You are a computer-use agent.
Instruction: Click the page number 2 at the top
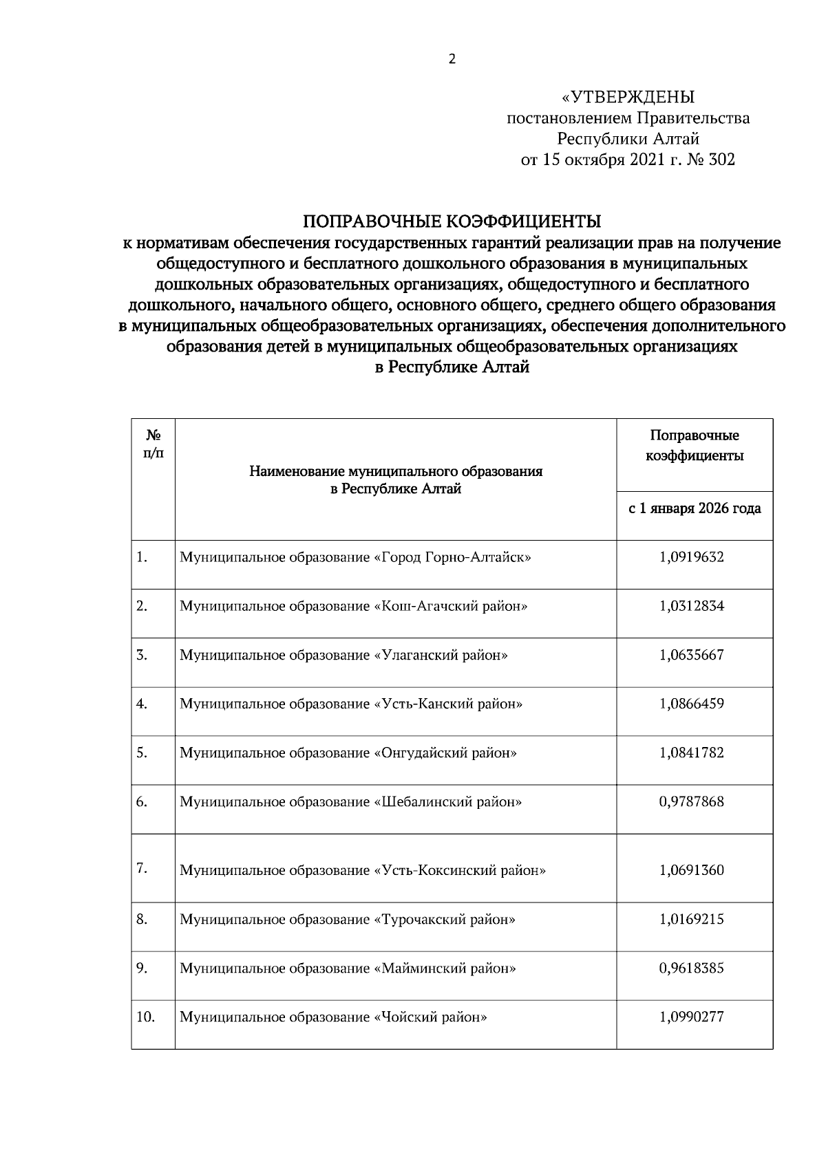[452, 59]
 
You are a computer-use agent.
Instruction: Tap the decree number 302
[722, 160]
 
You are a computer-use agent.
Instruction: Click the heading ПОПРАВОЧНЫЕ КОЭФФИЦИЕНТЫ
[452, 221]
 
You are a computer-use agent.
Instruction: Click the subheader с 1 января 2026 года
[695, 508]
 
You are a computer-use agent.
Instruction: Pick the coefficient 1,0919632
[691, 557]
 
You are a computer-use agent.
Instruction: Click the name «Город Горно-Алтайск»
[452, 557]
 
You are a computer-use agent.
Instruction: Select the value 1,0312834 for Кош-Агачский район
[691, 606]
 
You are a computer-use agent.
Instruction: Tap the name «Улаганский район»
[441, 655]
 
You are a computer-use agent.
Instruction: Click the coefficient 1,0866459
[691, 704]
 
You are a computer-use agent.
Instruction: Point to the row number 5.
[141, 753]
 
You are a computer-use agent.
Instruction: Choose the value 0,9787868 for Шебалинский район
[691, 801]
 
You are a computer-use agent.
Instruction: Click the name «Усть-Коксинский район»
[460, 870]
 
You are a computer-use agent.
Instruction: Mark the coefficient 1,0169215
[691, 919]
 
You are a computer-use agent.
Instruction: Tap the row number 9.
[141, 968]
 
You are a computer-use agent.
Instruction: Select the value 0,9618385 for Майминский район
[691, 968]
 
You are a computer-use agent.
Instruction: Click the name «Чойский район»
[430, 1017]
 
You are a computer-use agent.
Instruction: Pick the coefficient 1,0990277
[691, 1017]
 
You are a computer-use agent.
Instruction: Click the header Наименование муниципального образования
[396, 472]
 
